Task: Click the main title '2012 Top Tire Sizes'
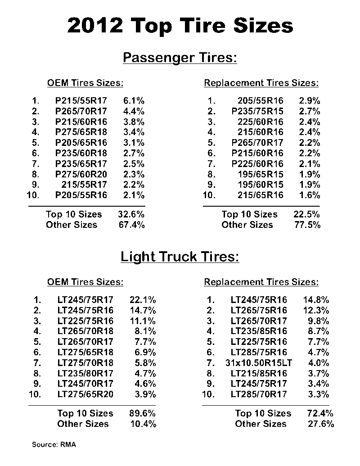(180, 26)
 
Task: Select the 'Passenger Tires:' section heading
(180, 58)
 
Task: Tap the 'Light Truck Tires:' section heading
(180, 257)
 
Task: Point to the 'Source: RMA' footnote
(54, 445)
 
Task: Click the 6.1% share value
(134, 101)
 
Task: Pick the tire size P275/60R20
(81, 174)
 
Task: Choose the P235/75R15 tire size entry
(257, 111)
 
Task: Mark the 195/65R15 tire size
(261, 174)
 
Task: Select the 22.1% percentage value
(143, 300)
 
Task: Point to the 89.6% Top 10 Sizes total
(143, 413)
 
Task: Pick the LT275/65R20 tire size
(85, 394)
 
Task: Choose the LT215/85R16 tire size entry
(259, 373)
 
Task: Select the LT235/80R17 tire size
(85, 373)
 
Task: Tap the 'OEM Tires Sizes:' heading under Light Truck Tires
(85, 282)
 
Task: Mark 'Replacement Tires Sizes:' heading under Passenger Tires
(261, 83)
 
